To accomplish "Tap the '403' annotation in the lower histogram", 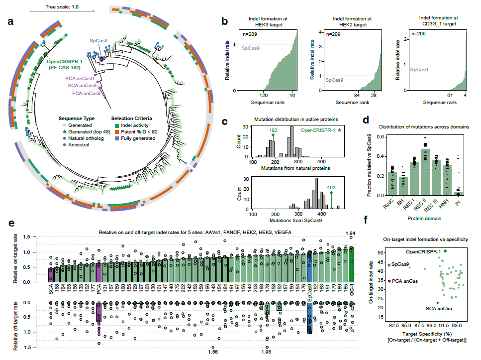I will pyautogui.click(x=331, y=188).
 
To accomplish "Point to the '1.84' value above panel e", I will pyautogui.click(x=351, y=233).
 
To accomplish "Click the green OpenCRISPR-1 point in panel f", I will pyautogui.click(x=446, y=251).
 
